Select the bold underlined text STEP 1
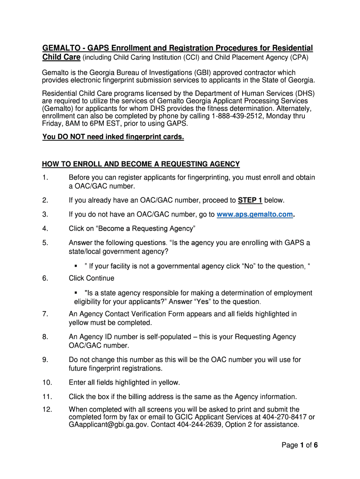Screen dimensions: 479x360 click(x=250, y=200)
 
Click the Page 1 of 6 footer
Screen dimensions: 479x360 click(x=300, y=445)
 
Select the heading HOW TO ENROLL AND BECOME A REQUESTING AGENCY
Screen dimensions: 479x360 click(x=141, y=164)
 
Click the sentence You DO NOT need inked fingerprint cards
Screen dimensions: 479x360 click(x=113, y=137)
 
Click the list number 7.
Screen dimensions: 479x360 click(x=45, y=314)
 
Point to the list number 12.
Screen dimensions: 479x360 click(x=47, y=409)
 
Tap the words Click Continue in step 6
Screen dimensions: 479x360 click(x=91, y=278)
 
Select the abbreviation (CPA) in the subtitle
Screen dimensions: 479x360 click(x=299, y=58)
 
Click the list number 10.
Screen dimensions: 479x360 click(x=47, y=383)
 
